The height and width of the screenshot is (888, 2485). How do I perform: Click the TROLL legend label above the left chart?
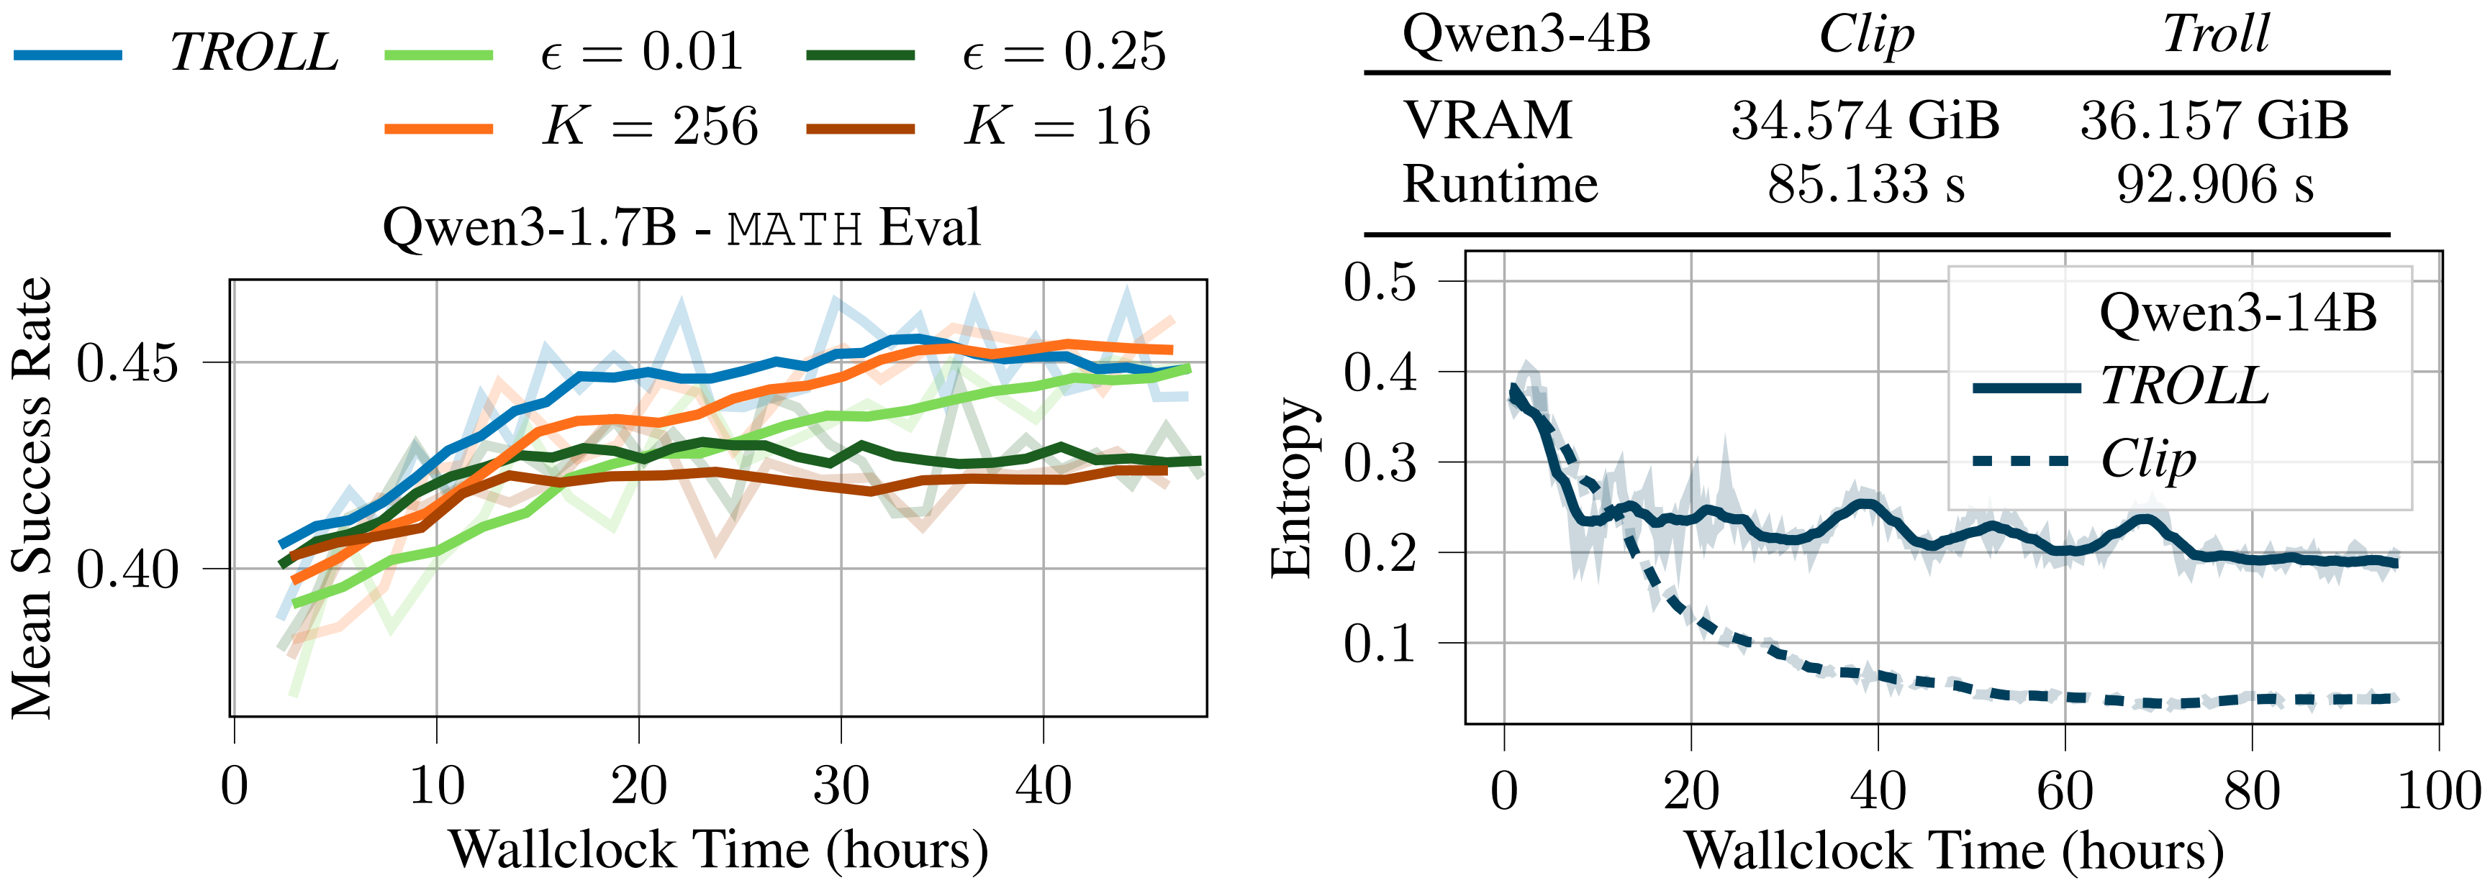coord(253,53)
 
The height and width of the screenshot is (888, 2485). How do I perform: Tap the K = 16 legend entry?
coord(1058,127)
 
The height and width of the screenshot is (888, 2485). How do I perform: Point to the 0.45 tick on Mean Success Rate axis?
coord(128,364)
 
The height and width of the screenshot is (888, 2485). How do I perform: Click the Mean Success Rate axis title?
coord(32,498)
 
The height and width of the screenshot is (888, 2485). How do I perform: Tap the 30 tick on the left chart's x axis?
coord(841,786)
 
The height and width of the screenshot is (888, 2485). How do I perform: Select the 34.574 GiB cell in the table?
coord(1865,122)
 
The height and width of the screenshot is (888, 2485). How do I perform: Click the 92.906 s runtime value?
coord(2215,184)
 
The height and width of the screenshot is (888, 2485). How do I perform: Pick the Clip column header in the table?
coord(1865,36)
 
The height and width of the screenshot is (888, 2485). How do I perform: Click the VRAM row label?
coord(1488,122)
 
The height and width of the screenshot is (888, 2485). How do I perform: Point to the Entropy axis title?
coord(1293,487)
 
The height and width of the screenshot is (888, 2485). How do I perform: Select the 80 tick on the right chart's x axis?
coord(2252,792)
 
